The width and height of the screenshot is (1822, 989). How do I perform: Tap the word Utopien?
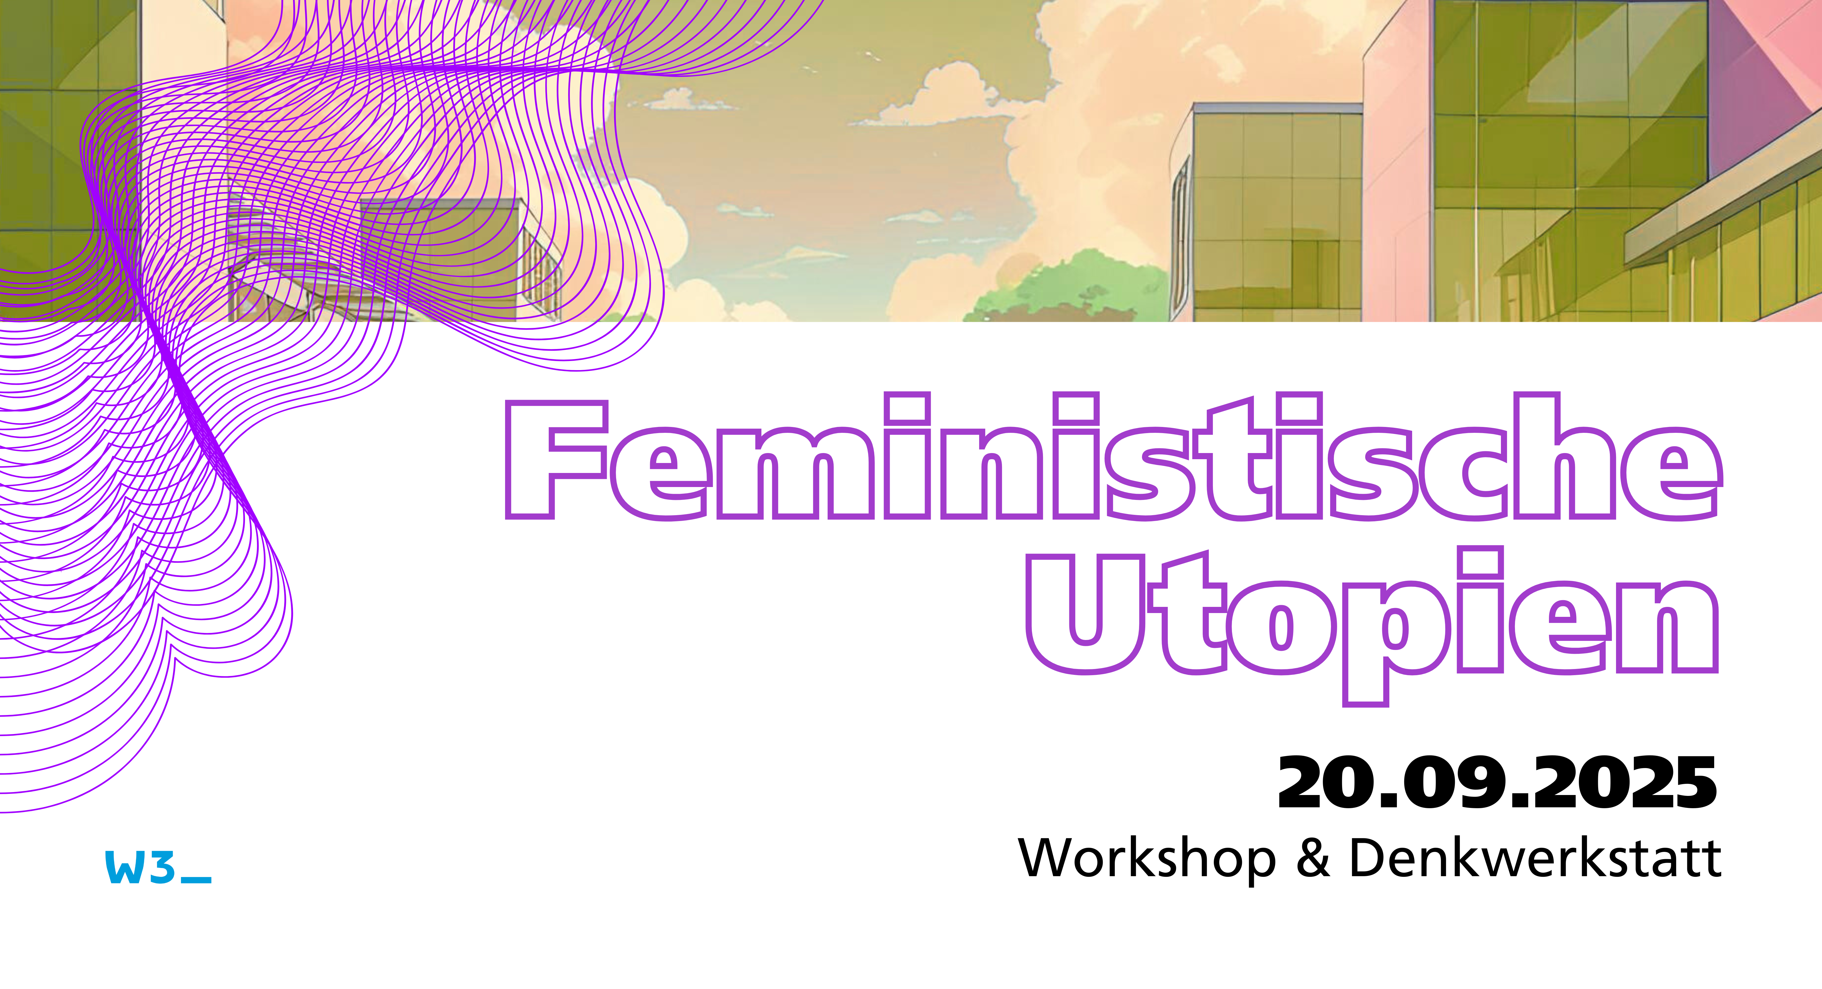point(1372,626)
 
